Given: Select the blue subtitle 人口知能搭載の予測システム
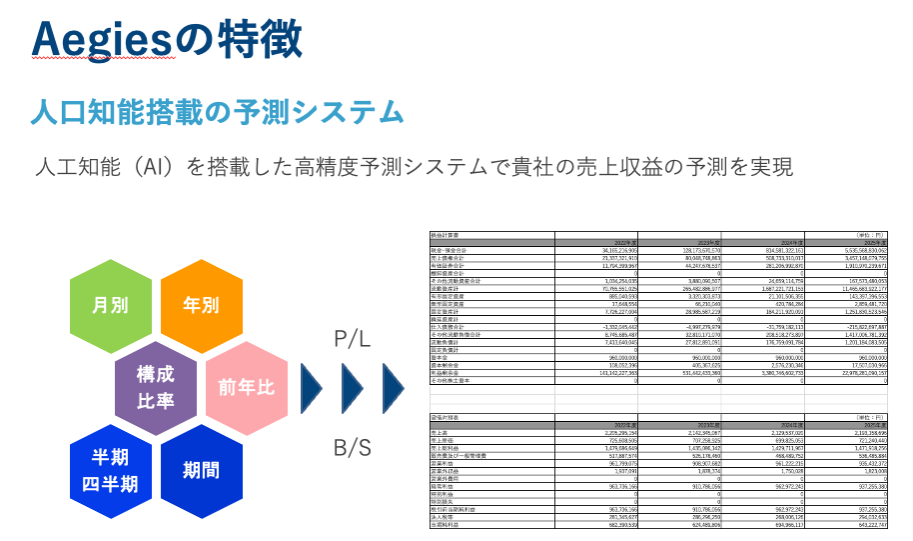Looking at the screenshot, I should (217, 111).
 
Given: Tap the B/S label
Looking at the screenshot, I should (352, 447).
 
